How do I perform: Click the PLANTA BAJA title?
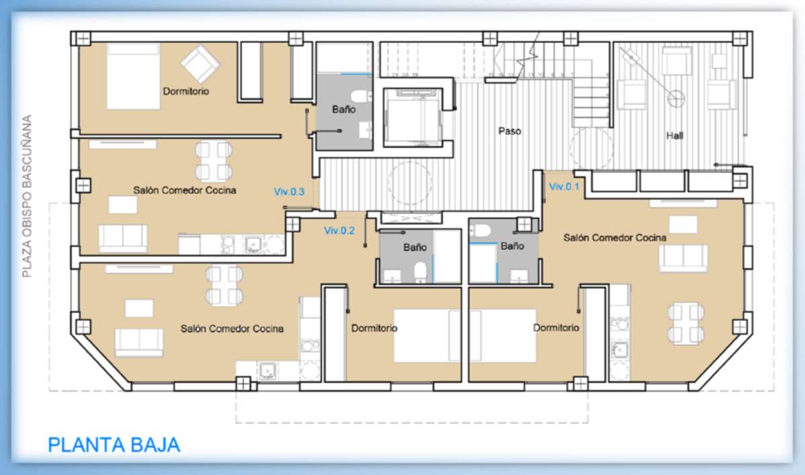pos(114,445)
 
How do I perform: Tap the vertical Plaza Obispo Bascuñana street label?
pos(27,196)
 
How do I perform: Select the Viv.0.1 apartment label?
pos(564,186)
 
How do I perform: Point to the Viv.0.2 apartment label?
pos(339,230)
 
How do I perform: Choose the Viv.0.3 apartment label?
pos(289,191)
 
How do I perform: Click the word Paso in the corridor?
pos(510,131)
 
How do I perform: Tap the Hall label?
pos(675,136)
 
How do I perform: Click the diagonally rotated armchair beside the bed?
pos(200,64)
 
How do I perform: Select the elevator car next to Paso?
pos(413,118)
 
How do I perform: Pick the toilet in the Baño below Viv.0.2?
pos(421,271)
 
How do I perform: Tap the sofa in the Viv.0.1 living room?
pos(683,257)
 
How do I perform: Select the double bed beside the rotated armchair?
pos(133,76)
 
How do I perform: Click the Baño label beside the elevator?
pos(343,109)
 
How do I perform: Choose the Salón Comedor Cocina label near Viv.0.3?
pos(185,190)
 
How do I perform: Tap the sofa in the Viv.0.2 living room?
pos(139,342)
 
